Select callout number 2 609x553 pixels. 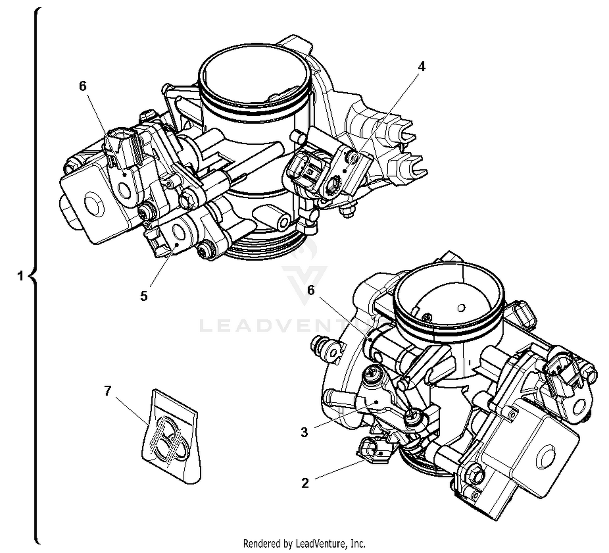[305, 483]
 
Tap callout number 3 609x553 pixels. [304, 432]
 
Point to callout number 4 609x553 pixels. [421, 66]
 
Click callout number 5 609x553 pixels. [144, 296]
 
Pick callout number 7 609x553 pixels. [107, 391]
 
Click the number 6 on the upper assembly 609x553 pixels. [83, 86]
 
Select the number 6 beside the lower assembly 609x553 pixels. [311, 290]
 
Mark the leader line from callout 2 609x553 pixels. [345, 467]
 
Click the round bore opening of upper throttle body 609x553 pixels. [255, 75]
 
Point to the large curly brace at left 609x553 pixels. [36, 276]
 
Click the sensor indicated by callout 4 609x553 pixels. [345, 171]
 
